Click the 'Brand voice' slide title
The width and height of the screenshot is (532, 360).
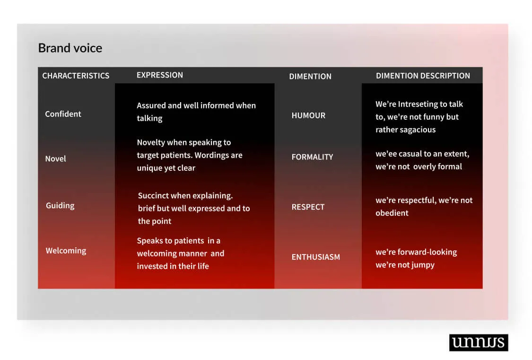tap(70, 48)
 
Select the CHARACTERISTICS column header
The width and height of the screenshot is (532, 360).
tap(76, 76)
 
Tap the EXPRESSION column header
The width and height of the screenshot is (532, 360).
tap(160, 75)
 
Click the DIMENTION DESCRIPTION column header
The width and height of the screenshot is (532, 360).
tap(423, 76)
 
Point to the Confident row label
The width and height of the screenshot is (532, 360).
tap(63, 114)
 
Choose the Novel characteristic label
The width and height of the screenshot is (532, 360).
tap(56, 159)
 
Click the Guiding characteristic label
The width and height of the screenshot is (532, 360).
tap(60, 206)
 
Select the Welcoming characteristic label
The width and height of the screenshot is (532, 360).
tap(66, 251)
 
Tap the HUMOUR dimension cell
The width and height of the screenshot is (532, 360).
tap(308, 116)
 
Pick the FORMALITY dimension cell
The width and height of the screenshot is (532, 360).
tap(312, 157)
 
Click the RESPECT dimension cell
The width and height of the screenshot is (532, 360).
tap(308, 207)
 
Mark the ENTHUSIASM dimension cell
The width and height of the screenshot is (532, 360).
tap(315, 257)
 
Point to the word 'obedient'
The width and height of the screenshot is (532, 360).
tap(392, 213)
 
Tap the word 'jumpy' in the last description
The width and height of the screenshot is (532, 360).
tap(423, 265)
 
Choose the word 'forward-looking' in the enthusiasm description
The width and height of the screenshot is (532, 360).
tap(427, 253)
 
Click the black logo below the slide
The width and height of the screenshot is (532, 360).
tap(479, 342)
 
